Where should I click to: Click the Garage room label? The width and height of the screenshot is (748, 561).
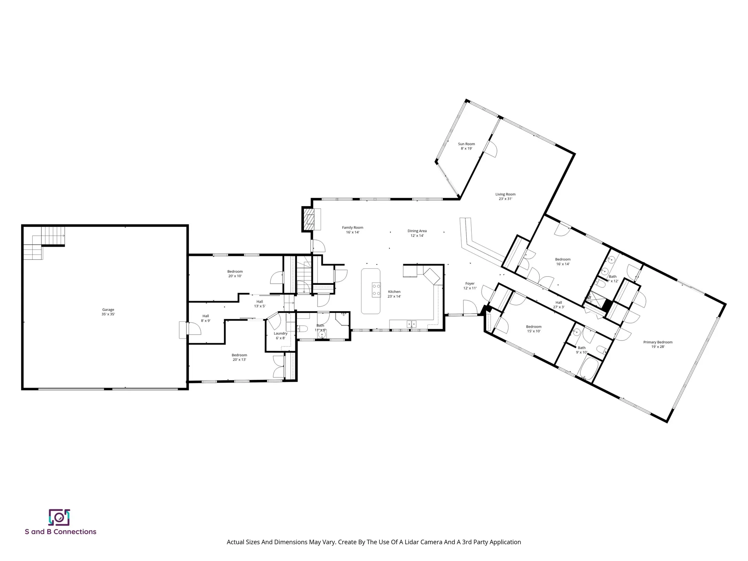pyautogui.click(x=108, y=312)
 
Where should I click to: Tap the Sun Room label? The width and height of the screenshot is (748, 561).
pyautogui.click(x=466, y=146)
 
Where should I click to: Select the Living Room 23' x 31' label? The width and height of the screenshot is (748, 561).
pyautogui.click(x=505, y=196)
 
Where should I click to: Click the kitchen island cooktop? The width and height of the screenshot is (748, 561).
pyautogui.click(x=376, y=290)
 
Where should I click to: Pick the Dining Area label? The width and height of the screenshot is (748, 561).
pyautogui.click(x=417, y=233)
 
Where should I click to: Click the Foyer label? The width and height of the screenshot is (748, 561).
pyautogui.click(x=470, y=286)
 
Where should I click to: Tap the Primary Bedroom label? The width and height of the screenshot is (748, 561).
pyautogui.click(x=658, y=344)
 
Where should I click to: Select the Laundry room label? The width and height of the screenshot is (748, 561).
pyautogui.click(x=280, y=335)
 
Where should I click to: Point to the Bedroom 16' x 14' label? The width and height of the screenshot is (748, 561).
pyautogui.click(x=563, y=261)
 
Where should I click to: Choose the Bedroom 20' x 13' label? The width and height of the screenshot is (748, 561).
pyautogui.click(x=239, y=357)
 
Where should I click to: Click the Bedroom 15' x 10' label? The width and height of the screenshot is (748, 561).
pyautogui.click(x=533, y=329)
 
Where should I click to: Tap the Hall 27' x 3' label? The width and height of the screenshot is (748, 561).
pyautogui.click(x=559, y=305)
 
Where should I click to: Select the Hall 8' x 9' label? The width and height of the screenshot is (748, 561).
pyautogui.click(x=206, y=318)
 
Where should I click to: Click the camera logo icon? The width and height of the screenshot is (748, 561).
pyautogui.click(x=59, y=517)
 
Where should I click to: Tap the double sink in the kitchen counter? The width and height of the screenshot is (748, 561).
pyautogui.click(x=411, y=324)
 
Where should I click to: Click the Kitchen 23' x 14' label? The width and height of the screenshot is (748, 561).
pyautogui.click(x=394, y=294)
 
